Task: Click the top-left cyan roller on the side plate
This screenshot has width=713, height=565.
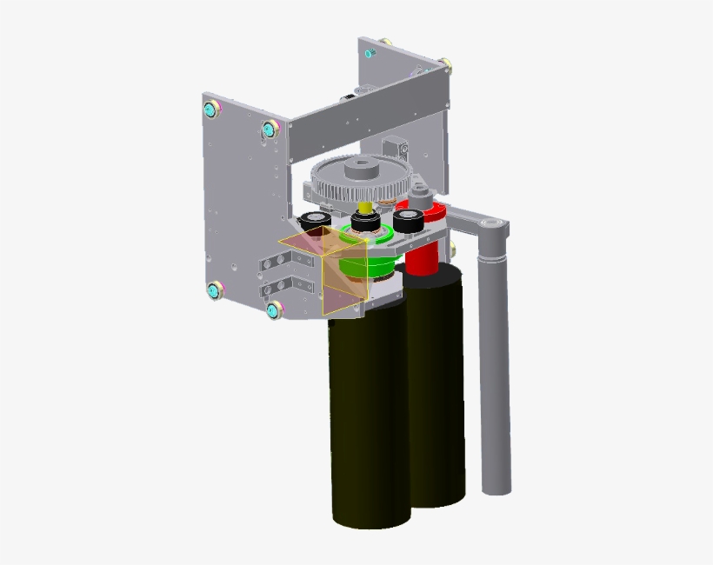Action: pyautogui.click(x=211, y=110)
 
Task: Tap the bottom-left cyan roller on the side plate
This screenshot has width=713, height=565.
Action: pyautogui.click(x=213, y=290)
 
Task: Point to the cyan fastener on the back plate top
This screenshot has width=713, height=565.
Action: pyautogui.click(x=369, y=53)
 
